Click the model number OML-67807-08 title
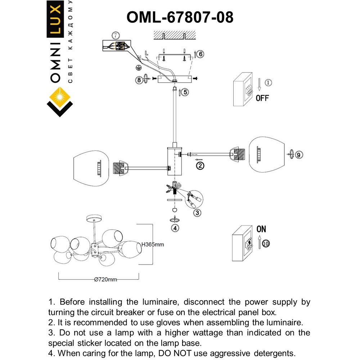(x=180, y=17)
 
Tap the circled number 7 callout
(x=115, y=36)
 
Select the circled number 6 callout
(x=201, y=54)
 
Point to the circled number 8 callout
(x=139, y=80)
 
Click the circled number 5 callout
(x=185, y=92)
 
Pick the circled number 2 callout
(x=200, y=166)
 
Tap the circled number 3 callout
(x=197, y=213)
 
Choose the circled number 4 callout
(x=175, y=228)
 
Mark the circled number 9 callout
(x=298, y=155)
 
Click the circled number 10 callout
(x=266, y=244)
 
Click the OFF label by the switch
(x=262, y=98)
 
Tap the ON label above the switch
(x=261, y=229)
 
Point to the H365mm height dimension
(x=152, y=244)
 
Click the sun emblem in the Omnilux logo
(x=60, y=98)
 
